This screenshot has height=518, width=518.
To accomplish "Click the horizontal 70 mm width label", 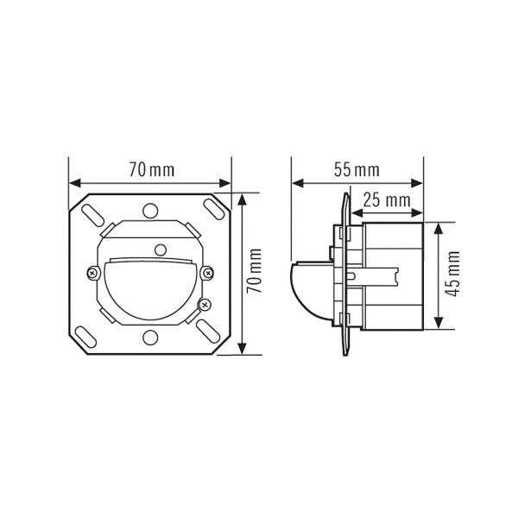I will tap(151, 170).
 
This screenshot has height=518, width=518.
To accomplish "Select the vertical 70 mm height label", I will tap(255, 273).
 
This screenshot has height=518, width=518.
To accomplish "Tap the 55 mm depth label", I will tap(356, 170).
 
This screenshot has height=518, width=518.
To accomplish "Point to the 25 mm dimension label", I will tap(385, 200).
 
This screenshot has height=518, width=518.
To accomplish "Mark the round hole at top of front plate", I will tap(151, 210).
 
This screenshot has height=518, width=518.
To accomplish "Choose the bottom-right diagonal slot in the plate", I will tap(210, 332).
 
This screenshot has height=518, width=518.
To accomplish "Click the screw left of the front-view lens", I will tap(93, 273).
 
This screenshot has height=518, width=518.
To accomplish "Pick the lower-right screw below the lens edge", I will tap(205, 303).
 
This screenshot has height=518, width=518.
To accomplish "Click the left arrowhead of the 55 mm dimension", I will tap(297, 183).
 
